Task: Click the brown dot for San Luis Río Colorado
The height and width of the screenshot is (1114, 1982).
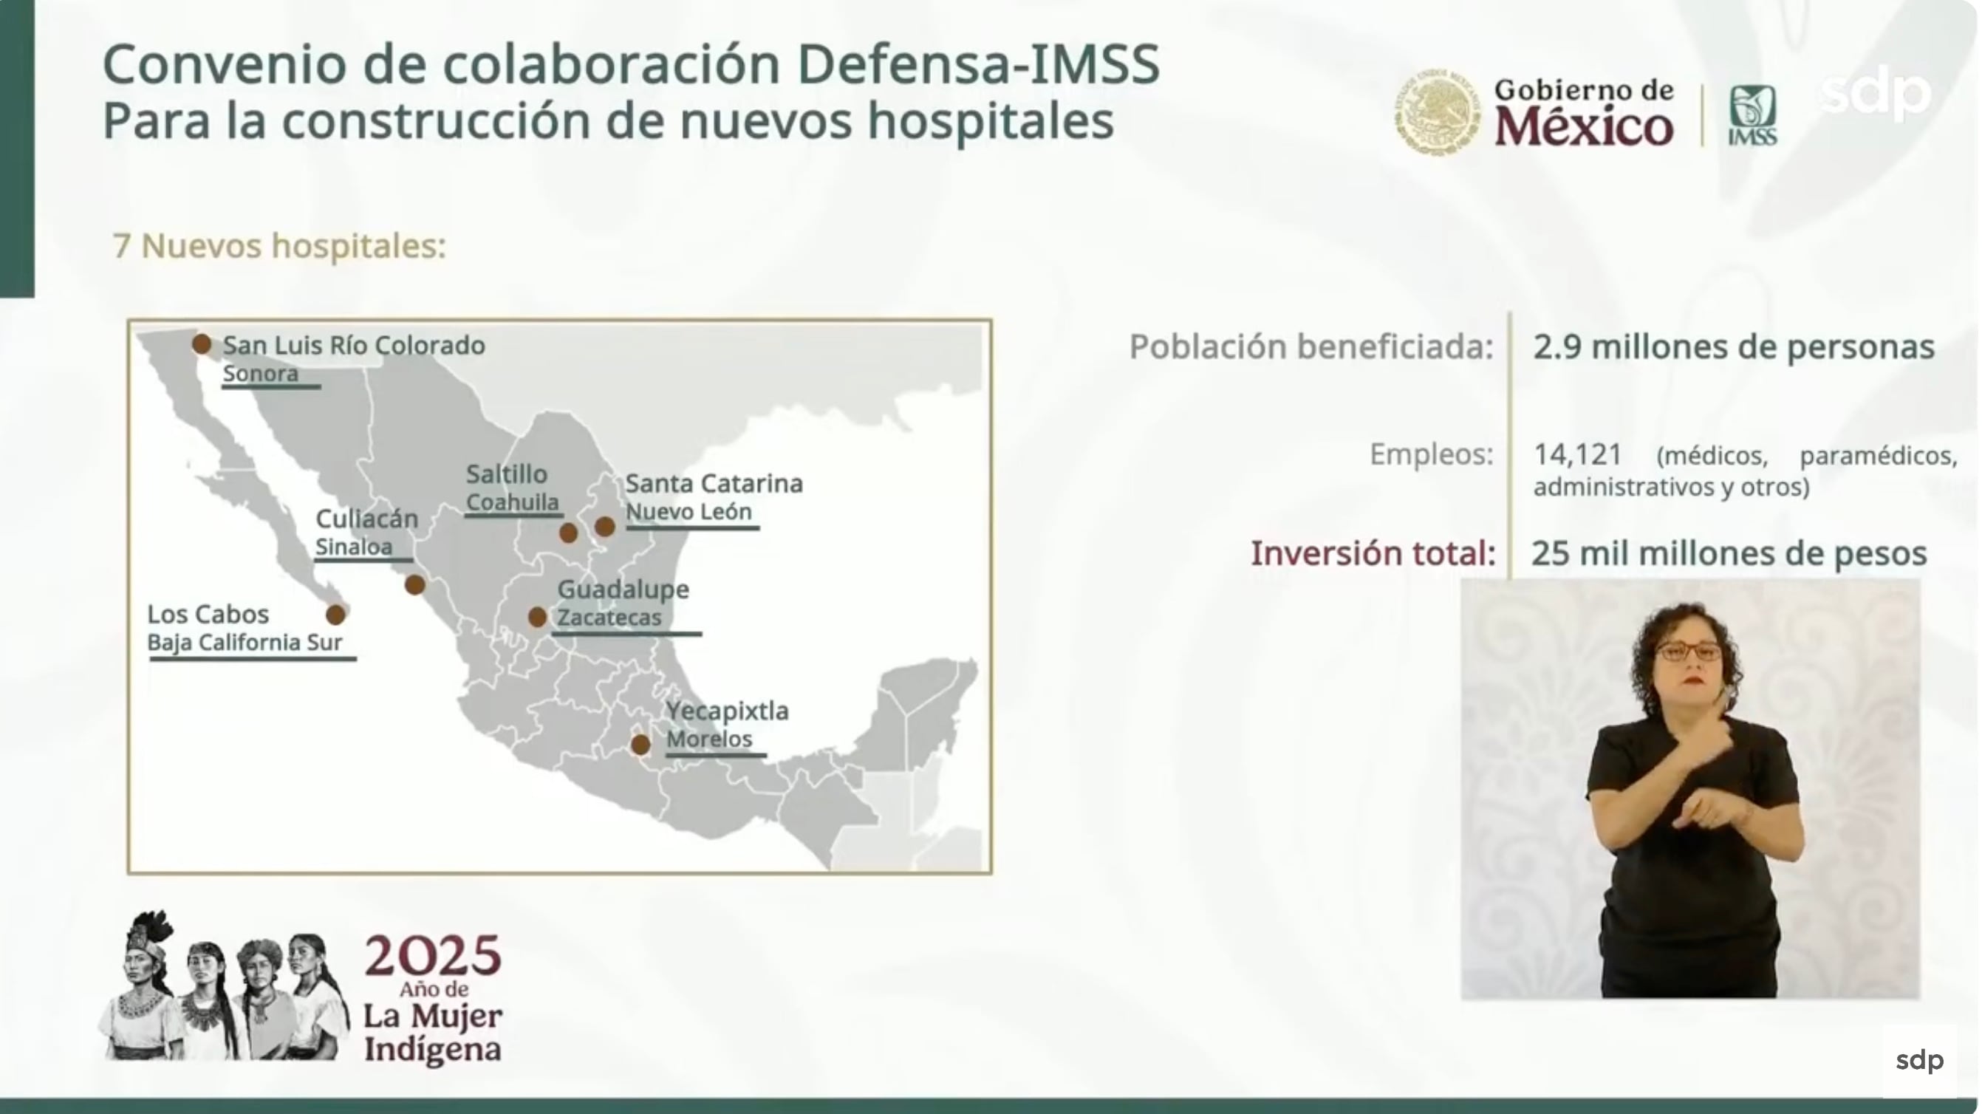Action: (x=202, y=344)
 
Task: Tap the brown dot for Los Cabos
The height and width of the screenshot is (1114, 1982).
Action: (x=335, y=615)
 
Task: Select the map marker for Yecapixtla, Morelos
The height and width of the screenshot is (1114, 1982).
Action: (x=640, y=745)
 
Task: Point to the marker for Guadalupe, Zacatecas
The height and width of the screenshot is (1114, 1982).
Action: (x=537, y=616)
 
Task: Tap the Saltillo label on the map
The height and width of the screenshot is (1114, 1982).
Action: (x=506, y=474)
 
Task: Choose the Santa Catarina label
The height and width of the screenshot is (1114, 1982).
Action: (x=714, y=484)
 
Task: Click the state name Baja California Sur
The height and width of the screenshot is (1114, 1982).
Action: (x=245, y=643)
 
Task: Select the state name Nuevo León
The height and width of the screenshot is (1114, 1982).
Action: (x=688, y=512)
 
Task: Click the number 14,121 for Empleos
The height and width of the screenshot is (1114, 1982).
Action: (x=1578, y=454)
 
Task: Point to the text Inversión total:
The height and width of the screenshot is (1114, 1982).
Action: (x=1373, y=553)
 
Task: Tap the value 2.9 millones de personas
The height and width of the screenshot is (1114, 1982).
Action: (x=1734, y=347)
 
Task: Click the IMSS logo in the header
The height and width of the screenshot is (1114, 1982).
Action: (x=1753, y=115)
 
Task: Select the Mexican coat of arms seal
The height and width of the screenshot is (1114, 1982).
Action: (x=1438, y=112)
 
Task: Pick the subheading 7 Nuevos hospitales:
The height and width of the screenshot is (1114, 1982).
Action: (x=279, y=246)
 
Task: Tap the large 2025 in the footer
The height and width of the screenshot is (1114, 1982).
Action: (x=432, y=955)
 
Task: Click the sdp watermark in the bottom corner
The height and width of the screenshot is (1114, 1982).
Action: (x=1920, y=1060)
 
